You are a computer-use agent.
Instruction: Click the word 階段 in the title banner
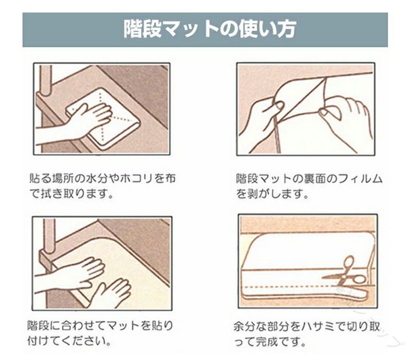(142, 29)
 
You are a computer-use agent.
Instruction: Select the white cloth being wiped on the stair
(103, 119)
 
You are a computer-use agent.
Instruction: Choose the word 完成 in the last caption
(266, 342)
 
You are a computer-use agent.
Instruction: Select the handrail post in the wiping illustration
(45, 81)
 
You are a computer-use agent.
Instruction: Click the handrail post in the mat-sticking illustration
(49, 237)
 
